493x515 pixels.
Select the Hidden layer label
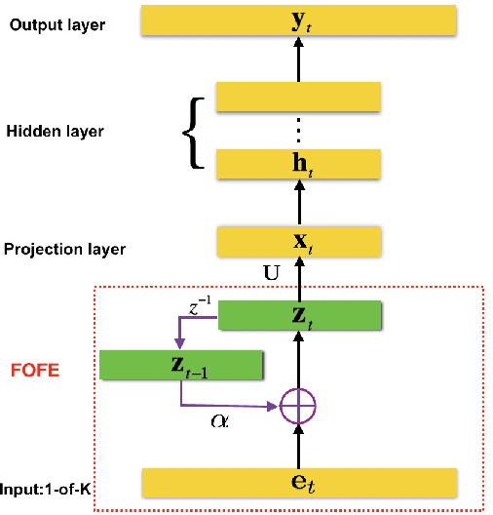tap(55, 131)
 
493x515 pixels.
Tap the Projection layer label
tap(64, 250)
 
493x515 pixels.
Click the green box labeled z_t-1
tap(181, 365)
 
